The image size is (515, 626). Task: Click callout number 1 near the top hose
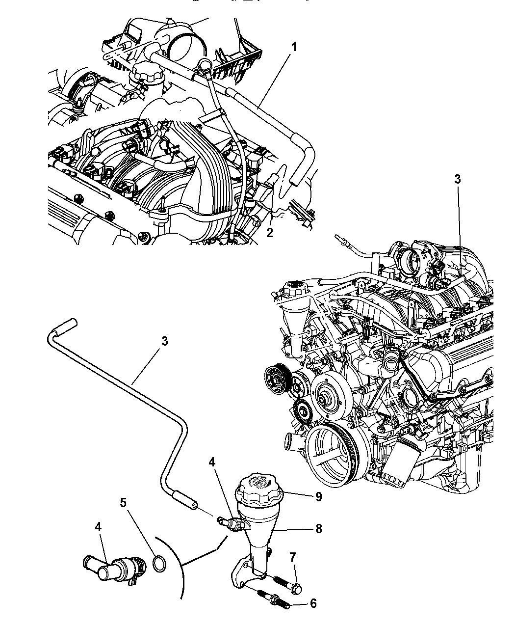pyautogui.click(x=294, y=47)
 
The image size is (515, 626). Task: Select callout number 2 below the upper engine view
pyautogui.click(x=270, y=233)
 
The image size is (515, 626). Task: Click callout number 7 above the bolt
pyautogui.click(x=293, y=557)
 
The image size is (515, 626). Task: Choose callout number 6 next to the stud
pyautogui.click(x=313, y=603)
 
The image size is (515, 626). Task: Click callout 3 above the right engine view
pyautogui.click(x=457, y=179)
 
